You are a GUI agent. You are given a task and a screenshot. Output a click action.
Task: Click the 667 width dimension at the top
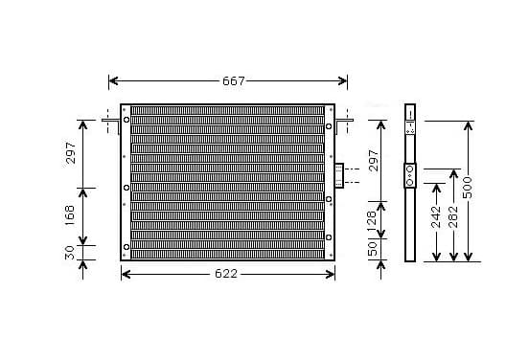tap(234, 81)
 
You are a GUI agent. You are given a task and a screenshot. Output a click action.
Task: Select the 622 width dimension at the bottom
tap(226, 274)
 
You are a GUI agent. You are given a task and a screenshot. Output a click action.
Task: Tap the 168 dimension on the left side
tap(70, 216)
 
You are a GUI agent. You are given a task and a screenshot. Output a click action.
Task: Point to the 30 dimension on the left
tap(70, 253)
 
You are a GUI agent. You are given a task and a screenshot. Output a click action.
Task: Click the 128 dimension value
tap(372, 221)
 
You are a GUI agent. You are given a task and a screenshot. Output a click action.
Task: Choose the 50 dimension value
tap(372, 249)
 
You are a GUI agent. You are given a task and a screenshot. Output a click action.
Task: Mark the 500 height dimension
tap(468, 188)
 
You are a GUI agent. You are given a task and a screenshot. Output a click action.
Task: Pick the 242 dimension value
tap(436, 216)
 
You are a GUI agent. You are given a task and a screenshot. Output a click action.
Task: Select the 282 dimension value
tap(453, 216)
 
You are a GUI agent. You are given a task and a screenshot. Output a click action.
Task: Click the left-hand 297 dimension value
tap(71, 153)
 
